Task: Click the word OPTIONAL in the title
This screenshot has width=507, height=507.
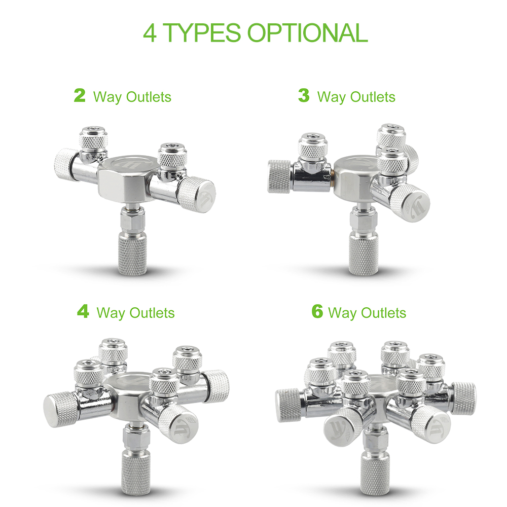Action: click(x=307, y=32)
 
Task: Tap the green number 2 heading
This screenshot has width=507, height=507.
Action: click(x=80, y=95)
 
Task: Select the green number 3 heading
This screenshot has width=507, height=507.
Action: click(x=304, y=95)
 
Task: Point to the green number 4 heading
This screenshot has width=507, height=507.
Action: click(x=83, y=311)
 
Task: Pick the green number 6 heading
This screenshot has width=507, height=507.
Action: click(x=317, y=311)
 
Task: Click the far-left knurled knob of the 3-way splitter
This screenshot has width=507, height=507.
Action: click(x=278, y=176)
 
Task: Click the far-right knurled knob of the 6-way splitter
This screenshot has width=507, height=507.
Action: click(x=464, y=398)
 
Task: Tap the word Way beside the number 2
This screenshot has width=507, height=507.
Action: click(x=107, y=97)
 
